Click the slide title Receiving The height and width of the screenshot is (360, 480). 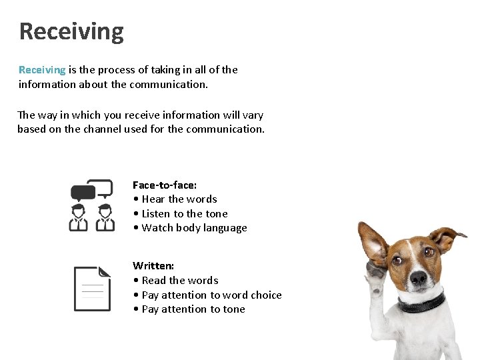coord(71,31)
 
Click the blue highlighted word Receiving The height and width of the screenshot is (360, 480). coord(42,69)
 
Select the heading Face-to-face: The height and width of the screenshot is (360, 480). coord(165,185)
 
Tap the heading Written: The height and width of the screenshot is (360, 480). coord(153,265)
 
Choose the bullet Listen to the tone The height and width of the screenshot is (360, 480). coord(181,213)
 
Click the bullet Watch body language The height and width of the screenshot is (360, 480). coord(190,228)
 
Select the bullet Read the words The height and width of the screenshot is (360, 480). coord(176,280)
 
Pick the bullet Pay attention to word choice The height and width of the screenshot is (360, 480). coord(207,295)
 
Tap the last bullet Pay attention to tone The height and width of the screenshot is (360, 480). coord(189,309)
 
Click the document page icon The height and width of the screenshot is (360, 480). coord(91,289)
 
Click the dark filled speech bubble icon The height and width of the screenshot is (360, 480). coord(83,193)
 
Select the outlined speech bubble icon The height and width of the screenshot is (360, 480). coord(101,188)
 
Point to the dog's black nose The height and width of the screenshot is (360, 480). coord(418,276)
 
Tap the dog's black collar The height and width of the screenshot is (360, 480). coord(421,304)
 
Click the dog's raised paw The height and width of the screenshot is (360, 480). coord(375,273)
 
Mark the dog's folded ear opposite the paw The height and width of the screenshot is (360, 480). coord(446,237)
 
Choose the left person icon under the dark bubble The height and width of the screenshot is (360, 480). coord(79,217)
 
